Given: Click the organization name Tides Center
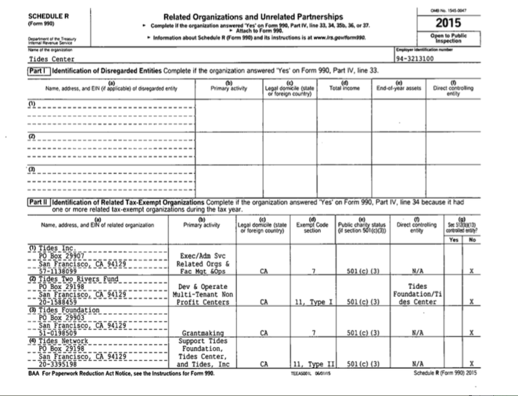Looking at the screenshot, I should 53,59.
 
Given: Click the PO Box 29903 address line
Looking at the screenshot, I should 60,317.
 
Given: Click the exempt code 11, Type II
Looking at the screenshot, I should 311,364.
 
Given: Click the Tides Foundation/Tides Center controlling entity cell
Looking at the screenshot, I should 418,294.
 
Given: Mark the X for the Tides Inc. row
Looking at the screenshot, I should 471,271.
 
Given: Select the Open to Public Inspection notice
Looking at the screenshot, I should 454,38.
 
